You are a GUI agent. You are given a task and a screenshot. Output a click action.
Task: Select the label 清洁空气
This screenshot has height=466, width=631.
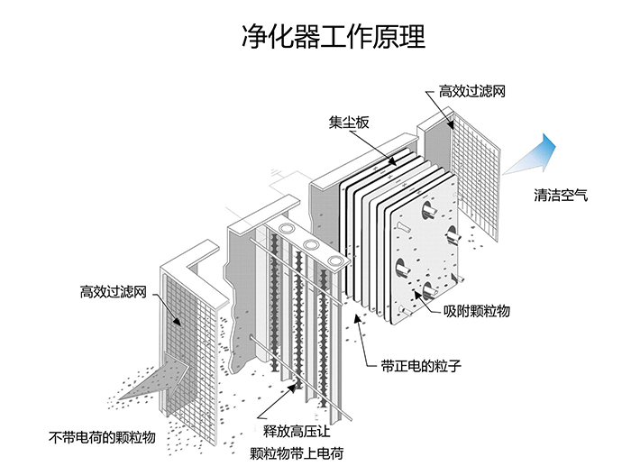(560, 196)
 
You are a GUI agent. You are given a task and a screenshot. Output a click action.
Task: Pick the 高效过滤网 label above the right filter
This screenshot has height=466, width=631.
(470, 92)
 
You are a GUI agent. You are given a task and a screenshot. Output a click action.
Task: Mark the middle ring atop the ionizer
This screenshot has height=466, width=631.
(312, 245)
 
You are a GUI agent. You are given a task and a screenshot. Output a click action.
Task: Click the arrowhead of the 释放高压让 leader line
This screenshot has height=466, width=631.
(292, 385)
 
